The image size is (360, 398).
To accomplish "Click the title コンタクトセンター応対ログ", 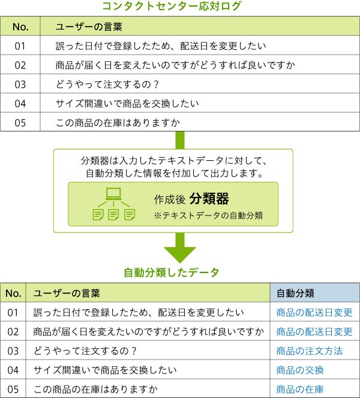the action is click(172, 5).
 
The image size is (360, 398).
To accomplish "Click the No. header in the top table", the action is click(20, 26).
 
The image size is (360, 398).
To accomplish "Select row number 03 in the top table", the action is click(20, 84).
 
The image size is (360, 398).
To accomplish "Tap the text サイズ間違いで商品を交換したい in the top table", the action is click(127, 104).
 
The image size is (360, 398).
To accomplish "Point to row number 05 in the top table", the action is click(20, 123).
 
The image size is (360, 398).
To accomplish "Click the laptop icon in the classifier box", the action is click(113, 194).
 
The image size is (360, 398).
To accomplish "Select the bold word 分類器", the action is click(209, 199).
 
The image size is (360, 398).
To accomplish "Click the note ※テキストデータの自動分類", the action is click(208, 216).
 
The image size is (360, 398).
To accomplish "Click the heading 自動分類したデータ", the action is click(172, 273).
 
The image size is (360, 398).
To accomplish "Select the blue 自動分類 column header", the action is click(295, 293).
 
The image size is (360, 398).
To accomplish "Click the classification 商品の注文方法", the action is click(310, 351).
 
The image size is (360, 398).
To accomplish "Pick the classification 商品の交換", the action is click(300, 370).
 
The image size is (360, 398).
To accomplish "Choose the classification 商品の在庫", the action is click(300, 390).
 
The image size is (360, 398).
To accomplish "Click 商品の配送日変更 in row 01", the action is click(314, 313).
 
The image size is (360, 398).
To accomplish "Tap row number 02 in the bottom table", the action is click(13, 332).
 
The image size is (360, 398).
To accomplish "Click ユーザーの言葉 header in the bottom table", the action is click(67, 293).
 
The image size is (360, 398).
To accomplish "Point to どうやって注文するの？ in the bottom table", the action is click(85, 351).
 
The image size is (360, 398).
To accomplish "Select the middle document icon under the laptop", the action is click(113, 215).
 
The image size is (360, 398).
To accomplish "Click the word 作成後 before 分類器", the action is click(169, 199).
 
